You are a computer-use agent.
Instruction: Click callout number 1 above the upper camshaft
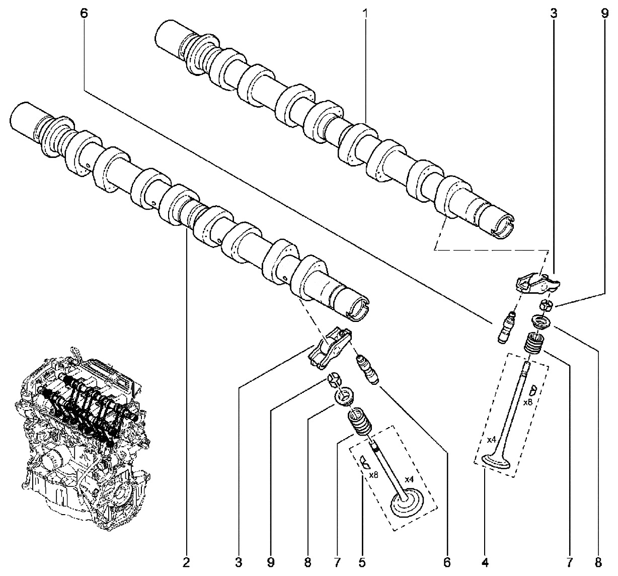(x=365, y=14)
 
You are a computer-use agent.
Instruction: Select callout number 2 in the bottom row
(x=186, y=562)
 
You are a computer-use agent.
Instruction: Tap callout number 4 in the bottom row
(x=485, y=562)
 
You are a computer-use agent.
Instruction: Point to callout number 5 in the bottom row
(x=361, y=562)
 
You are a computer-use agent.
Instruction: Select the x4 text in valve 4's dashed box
(x=491, y=440)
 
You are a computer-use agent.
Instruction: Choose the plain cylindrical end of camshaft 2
(x=24, y=119)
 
